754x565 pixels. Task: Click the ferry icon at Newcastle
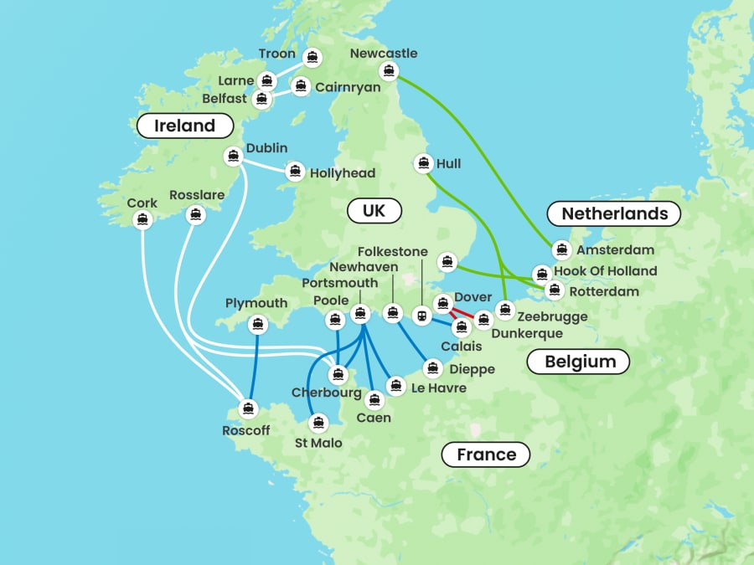click(x=387, y=71)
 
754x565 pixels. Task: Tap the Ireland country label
click(x=184, y=126)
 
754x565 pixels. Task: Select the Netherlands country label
click(x=613, y=213)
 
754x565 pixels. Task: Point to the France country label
click(x=486, y=455)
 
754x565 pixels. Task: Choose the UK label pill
click(x=374, y=210)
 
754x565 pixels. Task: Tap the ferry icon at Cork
click(x=142, y=220)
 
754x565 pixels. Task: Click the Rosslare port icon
click(x=195, y=215)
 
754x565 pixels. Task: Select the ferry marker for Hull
click(x=423, y=163)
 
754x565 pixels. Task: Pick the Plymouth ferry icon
click(x=258, y=323)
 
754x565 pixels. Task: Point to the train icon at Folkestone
click(x=421, y=316)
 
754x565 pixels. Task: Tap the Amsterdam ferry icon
click(x=562, y=249)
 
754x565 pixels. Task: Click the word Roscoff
click(x=246, y=430)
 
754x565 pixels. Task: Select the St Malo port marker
click(x=317, y=423)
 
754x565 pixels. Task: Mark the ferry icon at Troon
click(x=313, y=57)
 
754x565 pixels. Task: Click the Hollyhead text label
click(x=342, y=173)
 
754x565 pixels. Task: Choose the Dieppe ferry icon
click(x=433, y=367)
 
